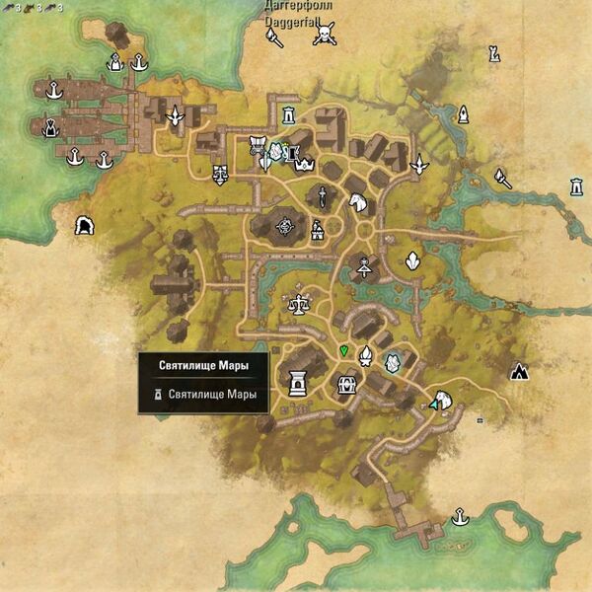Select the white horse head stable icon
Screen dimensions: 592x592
(x=357, y=202)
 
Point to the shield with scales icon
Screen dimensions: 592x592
(x=220, y=175)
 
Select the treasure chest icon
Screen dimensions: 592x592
(x=346, y=384)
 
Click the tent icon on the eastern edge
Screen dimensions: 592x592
(x=520, y=372)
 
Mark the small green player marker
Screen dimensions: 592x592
(x=343, y=350)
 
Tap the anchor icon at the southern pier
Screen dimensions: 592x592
(x=459, y=516)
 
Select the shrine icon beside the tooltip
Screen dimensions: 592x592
(x=295, y=381)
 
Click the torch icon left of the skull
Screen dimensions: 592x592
(x=273, y=37)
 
